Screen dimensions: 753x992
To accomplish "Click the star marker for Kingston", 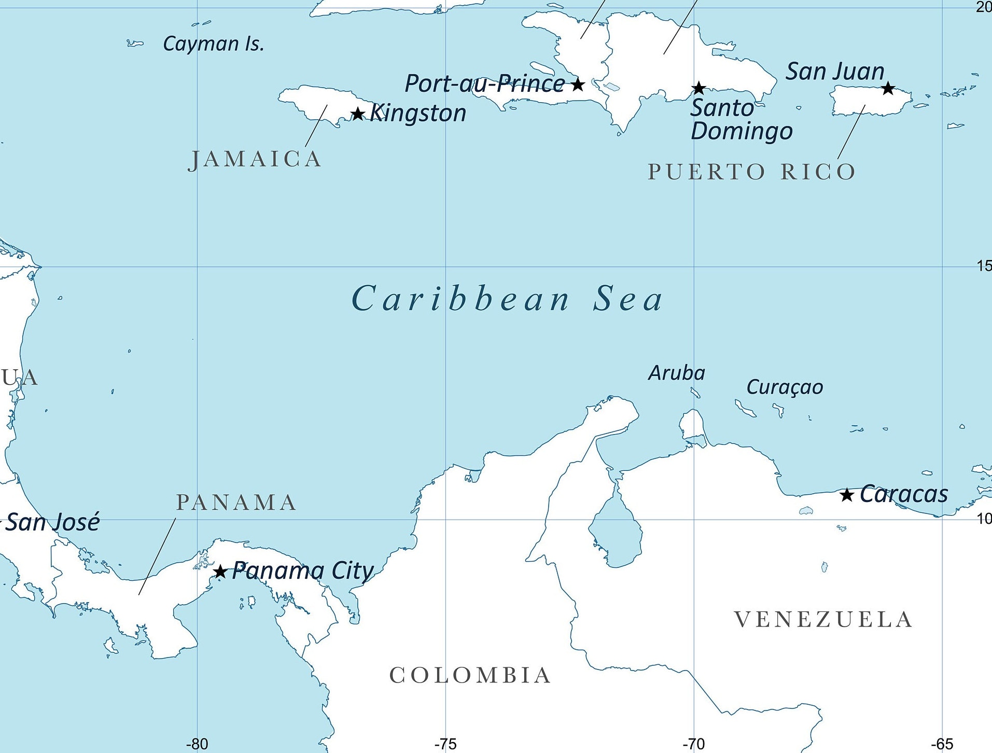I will (x=358, y=114).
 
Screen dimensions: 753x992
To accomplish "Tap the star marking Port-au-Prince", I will (x=578, y=84).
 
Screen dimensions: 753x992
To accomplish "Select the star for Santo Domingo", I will (x=699, y=88).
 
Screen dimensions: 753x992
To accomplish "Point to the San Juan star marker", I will (x=888, y=88).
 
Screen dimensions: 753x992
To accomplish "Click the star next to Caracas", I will (x=847, y=495).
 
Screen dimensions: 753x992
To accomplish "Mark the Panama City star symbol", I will (x=220, y=571).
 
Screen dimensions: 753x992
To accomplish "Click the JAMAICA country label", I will (x=255, y=159).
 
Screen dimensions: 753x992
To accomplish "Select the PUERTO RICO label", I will (x=751, y=172).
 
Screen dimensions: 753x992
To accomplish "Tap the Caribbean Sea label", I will (x=507, y=299).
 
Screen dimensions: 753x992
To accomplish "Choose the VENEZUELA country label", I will (x=823, y=620).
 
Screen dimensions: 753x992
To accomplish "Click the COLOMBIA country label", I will (x=470, y=675).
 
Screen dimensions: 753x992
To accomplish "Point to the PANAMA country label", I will (x=236, y=503).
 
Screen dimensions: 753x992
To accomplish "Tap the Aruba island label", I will (x=677, y=373).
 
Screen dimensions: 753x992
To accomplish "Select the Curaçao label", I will (x=785, y=387).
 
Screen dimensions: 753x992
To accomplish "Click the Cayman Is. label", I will (x=213, y=44).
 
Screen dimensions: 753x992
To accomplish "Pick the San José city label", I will (x=52, y=522).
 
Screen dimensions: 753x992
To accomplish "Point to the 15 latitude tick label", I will (x=984, y=266).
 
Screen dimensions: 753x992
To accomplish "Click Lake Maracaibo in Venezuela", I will (x=616, y=532).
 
